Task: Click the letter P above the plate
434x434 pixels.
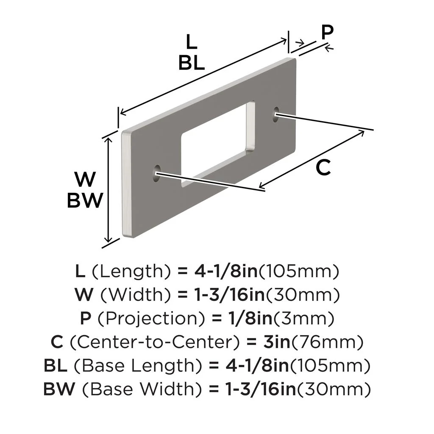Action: [327, 32]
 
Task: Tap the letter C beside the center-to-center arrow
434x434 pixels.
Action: [323, 168]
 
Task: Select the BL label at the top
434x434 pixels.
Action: [192, 63]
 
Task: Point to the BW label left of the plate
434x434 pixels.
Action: [85, 200]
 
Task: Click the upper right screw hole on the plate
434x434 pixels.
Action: [276, 113]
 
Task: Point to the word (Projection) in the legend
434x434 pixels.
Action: [138, 317]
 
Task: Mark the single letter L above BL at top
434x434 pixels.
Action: [191, 42]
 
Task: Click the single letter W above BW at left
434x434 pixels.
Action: [85, 180]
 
